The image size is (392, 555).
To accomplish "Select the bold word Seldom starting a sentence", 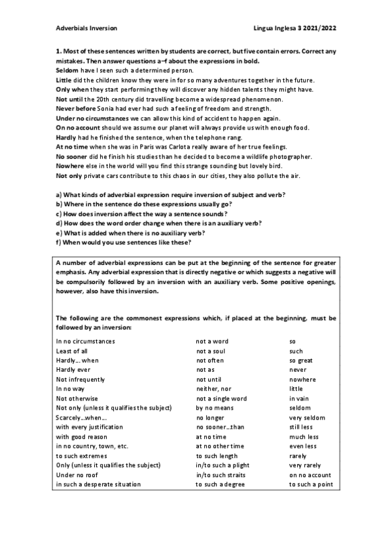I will click(67, 69).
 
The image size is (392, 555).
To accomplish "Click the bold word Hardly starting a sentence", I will click(66, 138).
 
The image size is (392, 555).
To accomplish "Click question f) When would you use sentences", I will click(124, 243).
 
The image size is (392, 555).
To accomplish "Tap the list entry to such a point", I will click(311, 484).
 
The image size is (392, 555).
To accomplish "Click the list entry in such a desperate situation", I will click(98, 484).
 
